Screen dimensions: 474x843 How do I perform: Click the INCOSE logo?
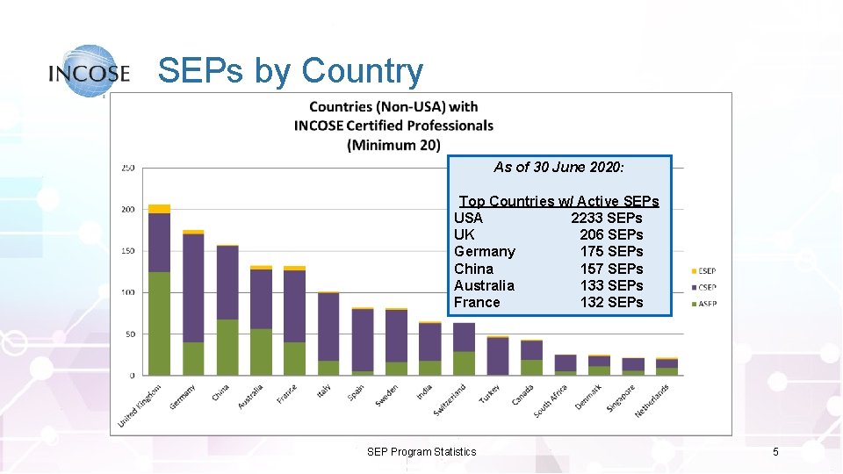[x=90, y=71]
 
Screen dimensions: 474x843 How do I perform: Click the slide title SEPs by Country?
[x=290, y=71]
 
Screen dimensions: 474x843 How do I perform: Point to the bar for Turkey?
[x=498, y=355]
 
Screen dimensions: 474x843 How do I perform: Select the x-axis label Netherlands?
[x=652, y=400]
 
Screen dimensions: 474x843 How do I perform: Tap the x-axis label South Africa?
[x=551, y=401]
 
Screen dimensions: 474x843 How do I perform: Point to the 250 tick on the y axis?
[x=127, y=168]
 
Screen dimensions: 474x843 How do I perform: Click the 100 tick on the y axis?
[x=127, y=293]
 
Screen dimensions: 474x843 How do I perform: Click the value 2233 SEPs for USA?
[x=607, y=218]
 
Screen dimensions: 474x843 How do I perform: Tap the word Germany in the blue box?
[x=485, y=251]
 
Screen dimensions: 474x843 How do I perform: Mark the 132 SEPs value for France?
[x=611, y=302]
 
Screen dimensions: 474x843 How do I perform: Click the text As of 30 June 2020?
[x=558, y=167]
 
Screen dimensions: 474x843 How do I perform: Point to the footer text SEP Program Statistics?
[x=421, y=452]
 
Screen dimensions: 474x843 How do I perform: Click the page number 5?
[x=775, y=452]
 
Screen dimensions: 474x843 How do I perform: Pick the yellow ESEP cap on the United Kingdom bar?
[x=159, y=209]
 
